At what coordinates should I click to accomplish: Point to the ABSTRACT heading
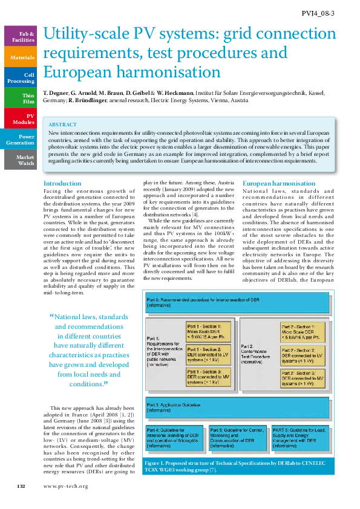(x=62, y=123)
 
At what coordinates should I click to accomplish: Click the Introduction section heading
(x=62, y=183)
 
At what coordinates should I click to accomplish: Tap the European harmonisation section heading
(x=279, y=183)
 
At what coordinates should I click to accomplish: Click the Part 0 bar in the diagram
(x=237, y=302)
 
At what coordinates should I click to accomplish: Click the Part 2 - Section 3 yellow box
(x=304, y=379)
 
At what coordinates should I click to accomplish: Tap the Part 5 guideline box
(x=238, y=438)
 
